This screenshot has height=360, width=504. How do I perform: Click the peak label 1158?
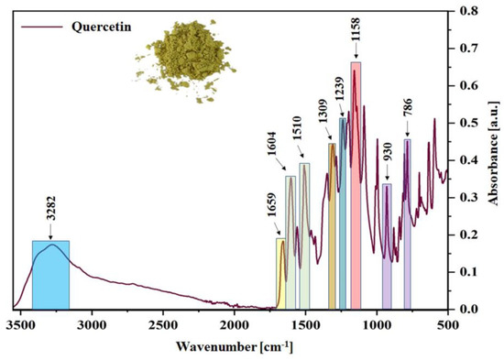coord(355,37)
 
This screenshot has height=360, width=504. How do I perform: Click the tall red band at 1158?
coord(356,183)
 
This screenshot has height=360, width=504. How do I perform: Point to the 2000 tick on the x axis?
coord(234,323)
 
